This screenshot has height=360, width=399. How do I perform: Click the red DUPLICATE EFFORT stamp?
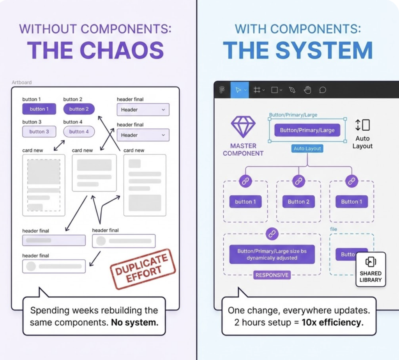(143, 269)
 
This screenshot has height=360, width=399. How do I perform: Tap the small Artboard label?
(22, 82)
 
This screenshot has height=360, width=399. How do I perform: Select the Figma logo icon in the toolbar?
(222, 90)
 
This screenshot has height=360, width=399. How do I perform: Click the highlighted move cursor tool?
(238, 90)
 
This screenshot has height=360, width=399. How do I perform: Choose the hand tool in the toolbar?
(307, 90)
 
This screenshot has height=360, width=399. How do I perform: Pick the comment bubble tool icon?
(323, 90)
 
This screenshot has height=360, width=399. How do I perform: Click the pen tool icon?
(292, 90)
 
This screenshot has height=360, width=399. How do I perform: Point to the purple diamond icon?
(243, 127)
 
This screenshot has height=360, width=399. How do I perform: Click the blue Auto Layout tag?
(307, 149)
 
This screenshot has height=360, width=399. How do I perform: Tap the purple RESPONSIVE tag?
(272, 275)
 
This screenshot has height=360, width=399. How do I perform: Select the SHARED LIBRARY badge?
(371, 269)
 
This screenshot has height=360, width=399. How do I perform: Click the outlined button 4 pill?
(79, 132)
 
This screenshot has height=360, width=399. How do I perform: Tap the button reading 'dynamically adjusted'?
(272, 254)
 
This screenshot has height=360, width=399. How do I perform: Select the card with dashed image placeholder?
(44, 185)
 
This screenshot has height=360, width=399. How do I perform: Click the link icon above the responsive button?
(272, 234)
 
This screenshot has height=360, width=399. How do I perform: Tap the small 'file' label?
(334, 229)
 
